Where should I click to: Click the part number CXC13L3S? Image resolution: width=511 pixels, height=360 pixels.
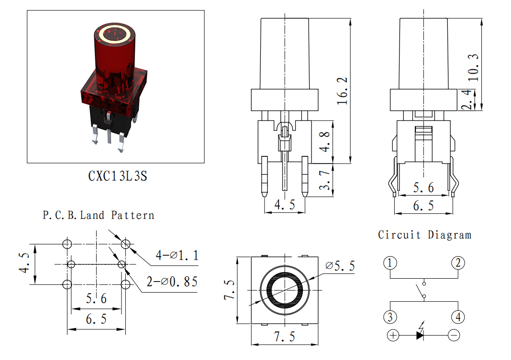117,176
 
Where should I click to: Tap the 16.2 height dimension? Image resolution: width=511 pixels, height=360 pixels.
342,91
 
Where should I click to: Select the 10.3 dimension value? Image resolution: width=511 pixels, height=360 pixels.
473,67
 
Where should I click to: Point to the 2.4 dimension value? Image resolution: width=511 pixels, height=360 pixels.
467,99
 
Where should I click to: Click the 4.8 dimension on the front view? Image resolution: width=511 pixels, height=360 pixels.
324,142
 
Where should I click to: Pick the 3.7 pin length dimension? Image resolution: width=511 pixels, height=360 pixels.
324,180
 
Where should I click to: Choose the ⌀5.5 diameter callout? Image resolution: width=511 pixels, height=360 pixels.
340,266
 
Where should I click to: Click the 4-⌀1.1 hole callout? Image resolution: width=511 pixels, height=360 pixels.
177,255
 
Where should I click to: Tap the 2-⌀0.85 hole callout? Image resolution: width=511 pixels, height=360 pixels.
172,282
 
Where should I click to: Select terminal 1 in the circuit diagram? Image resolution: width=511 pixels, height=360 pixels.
390,262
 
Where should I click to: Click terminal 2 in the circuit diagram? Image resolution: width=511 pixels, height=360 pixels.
458,262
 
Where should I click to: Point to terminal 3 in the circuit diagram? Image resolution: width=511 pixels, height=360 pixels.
390,316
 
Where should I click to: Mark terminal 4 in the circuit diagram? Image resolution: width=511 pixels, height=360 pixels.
458,316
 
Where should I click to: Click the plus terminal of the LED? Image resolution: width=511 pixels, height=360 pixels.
393,335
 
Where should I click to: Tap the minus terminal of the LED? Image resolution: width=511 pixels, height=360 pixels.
454,335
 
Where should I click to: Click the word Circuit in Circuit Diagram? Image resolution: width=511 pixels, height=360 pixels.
399,235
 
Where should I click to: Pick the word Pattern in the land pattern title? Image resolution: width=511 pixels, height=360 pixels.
133,215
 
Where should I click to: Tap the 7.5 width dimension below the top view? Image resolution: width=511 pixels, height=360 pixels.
285,337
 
